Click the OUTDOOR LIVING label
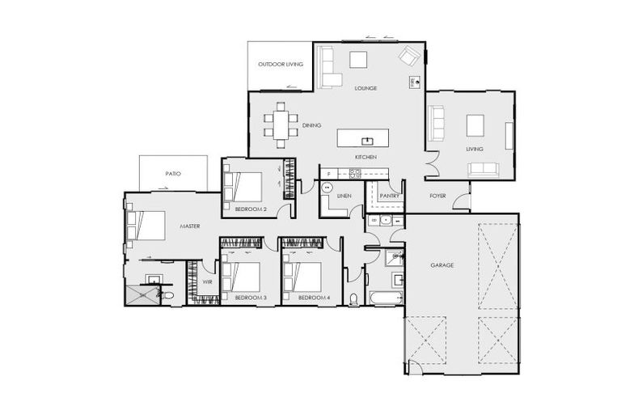(x=280, y=65)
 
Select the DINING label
(x=311, y=125)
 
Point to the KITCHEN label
(x=365, y=156)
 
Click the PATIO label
(x=172, y=173)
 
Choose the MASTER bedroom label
(x=189, y=226)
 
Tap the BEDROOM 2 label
(x=250, y=209)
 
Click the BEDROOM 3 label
(x=250, y=298)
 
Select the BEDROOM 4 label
(x=314, y=298)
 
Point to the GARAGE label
(x=441, y=265)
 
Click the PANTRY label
(x=390, y=195)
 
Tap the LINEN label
(x=344, y=195)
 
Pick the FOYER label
(x=437, y=195)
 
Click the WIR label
(x=207, y=282)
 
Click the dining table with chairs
(x=280, y=125)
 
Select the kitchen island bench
(x=362, y=137)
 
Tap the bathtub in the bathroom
(x=384, y=298)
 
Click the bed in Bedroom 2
(x=243, y=188)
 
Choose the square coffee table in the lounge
(x=357, y=59)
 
